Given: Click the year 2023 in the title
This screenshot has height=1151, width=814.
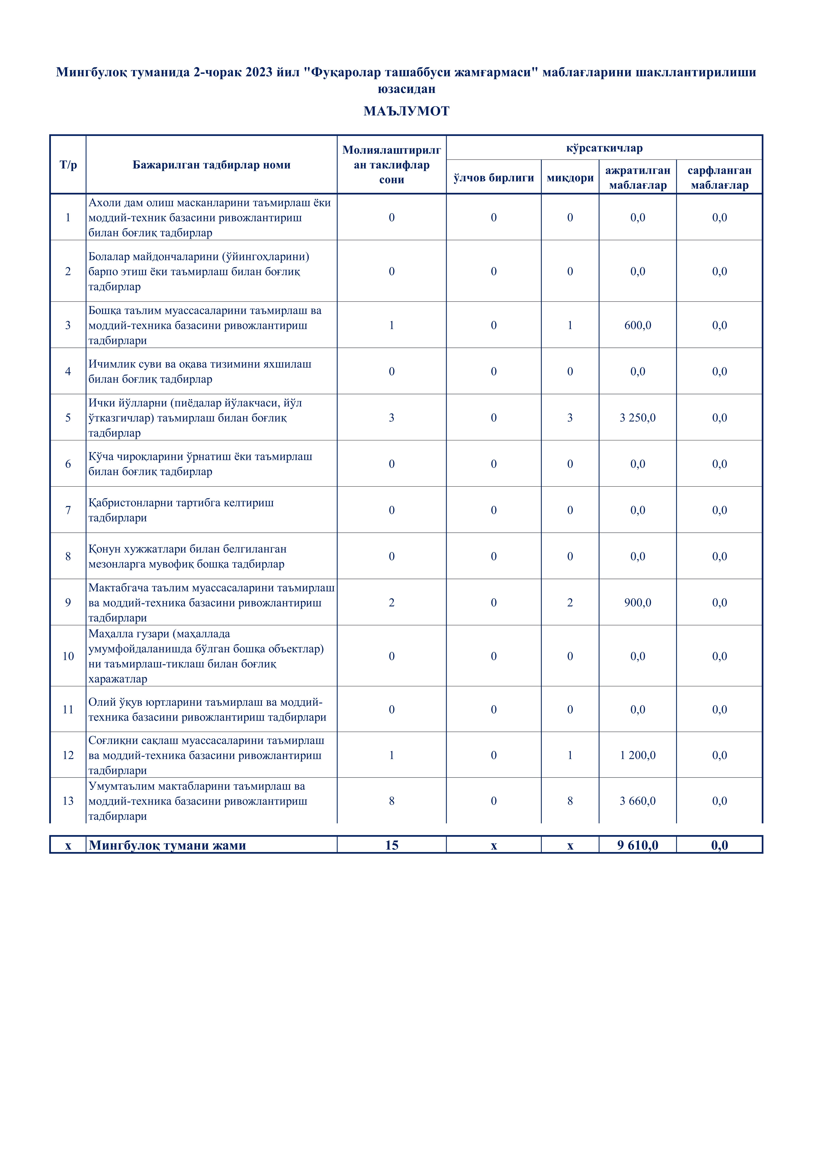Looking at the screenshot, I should click(259, 72).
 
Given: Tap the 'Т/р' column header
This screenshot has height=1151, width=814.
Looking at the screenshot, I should click(68, 165).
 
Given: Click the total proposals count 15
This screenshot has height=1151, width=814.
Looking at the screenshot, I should click(392, 845).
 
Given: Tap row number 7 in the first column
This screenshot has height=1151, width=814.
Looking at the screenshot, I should click(68, 510).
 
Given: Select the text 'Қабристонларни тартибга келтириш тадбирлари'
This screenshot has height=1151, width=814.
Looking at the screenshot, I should click(181, 510).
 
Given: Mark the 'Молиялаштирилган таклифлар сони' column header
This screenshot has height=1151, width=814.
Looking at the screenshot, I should click(392, 165).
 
